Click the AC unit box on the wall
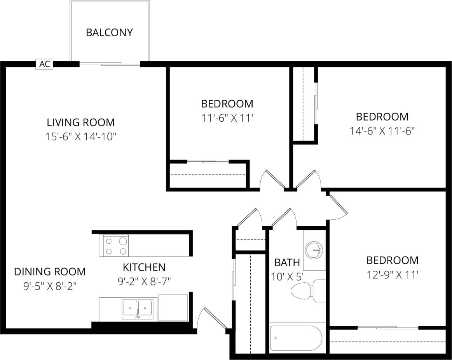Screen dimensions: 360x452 click(45, 64)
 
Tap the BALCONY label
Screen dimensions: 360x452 click(109, 32)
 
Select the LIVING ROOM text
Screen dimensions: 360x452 click(81, 122)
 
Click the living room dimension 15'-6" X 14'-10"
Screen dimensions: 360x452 click(81, 137)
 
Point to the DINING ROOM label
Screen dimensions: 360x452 click(50, 271)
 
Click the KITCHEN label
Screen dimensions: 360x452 click(144, 267)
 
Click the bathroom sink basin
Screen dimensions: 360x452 click(314, 250)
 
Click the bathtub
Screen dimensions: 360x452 click(296, 339)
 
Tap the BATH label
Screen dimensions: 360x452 click(287, 262)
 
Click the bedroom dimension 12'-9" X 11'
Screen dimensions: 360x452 click(393, 275)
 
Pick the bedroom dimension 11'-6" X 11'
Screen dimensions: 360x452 click(227, 118)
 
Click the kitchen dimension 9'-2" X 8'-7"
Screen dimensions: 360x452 click(144, 281)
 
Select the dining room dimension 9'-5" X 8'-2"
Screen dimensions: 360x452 click(50, 286)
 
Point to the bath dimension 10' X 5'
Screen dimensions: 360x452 click(287, 276)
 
